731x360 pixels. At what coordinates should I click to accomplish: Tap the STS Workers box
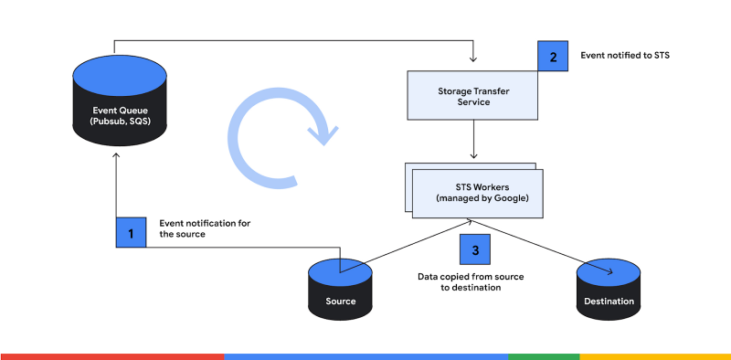[475, 192]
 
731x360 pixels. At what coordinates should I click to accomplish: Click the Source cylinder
[339, 288]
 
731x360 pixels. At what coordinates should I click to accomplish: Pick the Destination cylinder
[611, 288]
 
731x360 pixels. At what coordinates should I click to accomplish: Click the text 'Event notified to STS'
[626, 56]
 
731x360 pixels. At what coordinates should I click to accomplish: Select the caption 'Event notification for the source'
[205, 228]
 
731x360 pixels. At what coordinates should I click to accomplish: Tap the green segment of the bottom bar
[544, 355]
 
